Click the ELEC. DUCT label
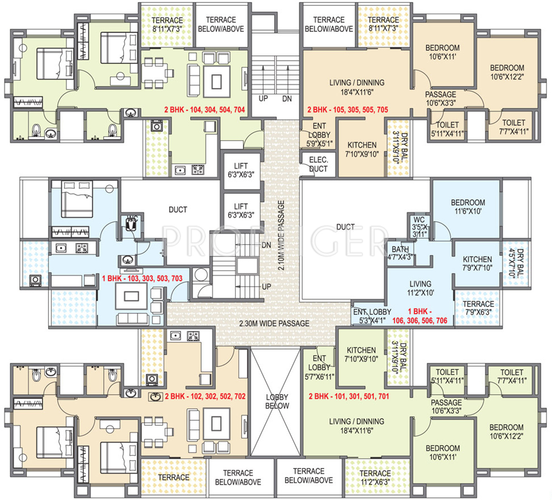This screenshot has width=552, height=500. pyautogui.click(x=318, y=164)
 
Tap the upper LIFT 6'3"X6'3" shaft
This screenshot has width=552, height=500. pyautogui.click(x=241, y=170)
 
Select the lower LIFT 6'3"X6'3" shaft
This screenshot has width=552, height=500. pyautogui.click(x=241, y=211)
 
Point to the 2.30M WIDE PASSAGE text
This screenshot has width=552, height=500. pyautogui.click(x=274, y=323)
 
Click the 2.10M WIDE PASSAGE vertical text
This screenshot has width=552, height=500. pyautogui.click(x=281, y=235)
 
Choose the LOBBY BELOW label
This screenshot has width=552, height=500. pyautogui.click(x=277, y=401)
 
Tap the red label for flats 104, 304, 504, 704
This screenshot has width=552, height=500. pyautogui.click(x=205, y=110)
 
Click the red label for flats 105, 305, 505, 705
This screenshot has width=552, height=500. pyautogui.click(x=347, y=110)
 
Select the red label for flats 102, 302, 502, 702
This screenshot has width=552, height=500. pyautogui.click(x=205, y=396)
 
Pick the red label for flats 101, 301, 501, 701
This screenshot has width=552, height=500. pyautogui.click(x=349, y=396)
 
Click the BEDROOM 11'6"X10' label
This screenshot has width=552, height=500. pyautogui.click(x=468, y=207)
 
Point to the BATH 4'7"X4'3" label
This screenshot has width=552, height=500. pyautogui.click(x=400, y=253)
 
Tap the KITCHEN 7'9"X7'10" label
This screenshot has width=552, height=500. pyautogui.click(x=477, y=263)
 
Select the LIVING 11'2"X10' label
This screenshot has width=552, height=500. pyautogui.click(x=420, y=288)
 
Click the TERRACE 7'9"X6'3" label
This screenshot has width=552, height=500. pyautogui.click(x=478, y=308)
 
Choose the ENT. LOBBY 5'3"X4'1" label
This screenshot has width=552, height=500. pyautogui.click(x=372, y=316)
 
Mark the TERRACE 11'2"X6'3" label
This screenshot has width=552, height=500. pyautogui.click(x=375, y=477)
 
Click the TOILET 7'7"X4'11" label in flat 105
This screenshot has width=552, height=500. pyautogui.click(x=513, y=127)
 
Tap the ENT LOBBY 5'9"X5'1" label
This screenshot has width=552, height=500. pyautogui.click(x=319, y=135)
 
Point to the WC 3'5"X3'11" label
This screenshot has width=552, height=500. pyautogui.click(x=419, y=227)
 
